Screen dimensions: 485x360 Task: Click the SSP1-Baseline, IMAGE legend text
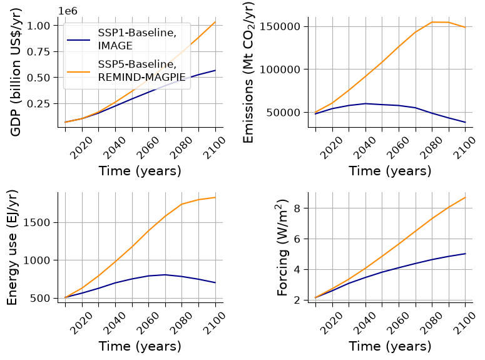(137, 39)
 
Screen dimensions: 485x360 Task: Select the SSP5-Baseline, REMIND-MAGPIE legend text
(141, 70)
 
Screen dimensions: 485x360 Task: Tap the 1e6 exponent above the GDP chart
(68, 11)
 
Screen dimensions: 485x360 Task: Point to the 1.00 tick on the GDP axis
(38, 26)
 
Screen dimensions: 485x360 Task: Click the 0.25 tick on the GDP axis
(38, 103)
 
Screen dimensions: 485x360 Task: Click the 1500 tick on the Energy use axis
(37, 222)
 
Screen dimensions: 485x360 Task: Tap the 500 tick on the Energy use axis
(40, 298)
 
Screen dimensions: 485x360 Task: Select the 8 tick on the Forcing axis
(297, 208)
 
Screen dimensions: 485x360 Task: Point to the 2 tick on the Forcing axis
(297, 301)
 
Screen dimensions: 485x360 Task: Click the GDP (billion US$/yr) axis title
(16, 73)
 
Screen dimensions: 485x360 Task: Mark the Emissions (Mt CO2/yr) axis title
(248, 73)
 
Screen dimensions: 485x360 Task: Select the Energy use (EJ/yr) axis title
(12, 248)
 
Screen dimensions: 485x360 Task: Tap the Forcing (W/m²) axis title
(282, 248)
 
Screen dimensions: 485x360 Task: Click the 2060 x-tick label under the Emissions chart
(398, 148)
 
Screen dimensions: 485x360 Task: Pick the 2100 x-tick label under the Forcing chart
(464, 323)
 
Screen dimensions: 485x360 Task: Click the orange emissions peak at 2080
(432, 22)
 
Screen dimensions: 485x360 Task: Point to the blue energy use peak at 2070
(165, 275)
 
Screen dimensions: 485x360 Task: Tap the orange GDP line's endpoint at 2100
(215, 22)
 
